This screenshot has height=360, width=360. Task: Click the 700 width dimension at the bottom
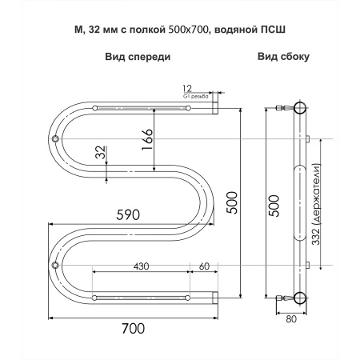click(134, 329)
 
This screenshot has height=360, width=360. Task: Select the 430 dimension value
click(140, 266)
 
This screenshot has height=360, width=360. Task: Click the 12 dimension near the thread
click(188, 87)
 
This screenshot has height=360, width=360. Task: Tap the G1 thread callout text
click(196, 96)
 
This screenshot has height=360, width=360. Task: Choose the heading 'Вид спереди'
click(137, 58)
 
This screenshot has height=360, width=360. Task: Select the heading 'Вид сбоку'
click(284, 58)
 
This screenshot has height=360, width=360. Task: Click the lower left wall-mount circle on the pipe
click(55, 266)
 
